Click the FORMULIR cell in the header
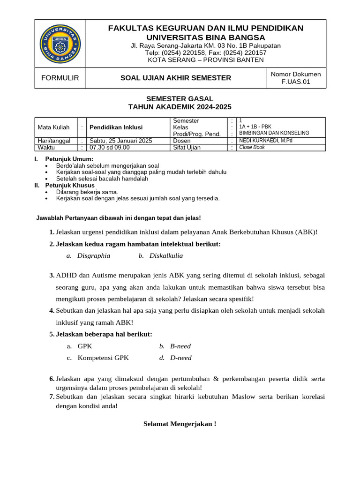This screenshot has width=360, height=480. (60, 78)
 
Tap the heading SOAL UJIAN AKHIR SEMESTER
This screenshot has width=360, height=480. (176, 78)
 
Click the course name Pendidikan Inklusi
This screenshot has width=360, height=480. (116, 127)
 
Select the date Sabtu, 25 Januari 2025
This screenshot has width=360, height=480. (121, 141)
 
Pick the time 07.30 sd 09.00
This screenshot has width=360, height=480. (110, 147)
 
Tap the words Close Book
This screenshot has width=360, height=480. (252, 147)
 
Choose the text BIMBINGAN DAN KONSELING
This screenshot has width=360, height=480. (274, 133)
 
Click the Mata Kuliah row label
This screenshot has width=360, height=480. (53, 127)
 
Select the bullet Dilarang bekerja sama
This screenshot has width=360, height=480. (87, 192)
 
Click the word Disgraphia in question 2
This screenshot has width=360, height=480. (94, 256)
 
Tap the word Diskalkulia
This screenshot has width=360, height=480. (166, 256)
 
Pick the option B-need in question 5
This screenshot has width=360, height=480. (180, 346)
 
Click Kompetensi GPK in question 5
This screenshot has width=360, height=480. (103, 358)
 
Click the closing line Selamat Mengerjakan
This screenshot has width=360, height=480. (180, 424)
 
